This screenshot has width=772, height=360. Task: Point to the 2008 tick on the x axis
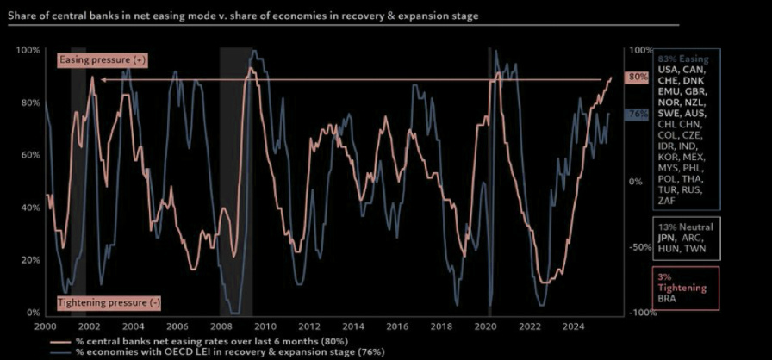pyautogui.click(x=221, y=327)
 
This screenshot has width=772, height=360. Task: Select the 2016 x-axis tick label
pyautogui.click(x=398, y=327)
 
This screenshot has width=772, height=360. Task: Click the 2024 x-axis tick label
pyautogui.click(x=576, y=327)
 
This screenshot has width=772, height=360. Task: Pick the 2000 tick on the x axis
pyautogui.click(x=44, y=327)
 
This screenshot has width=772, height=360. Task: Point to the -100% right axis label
pyautogui.click(x=637, y=313)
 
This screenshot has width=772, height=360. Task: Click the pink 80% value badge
pyautogui.click(x=637, y=77)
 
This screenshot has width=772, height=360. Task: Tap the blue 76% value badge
pyautogui.click(x=637, y=114)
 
